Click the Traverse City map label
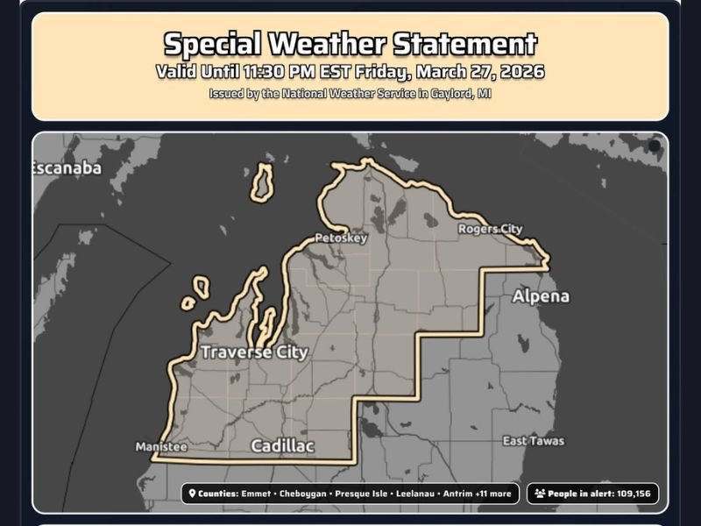point(254,352)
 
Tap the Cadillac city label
point(282,445)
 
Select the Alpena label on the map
point(541,296)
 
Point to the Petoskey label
point(340,238)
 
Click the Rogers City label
point(490,229)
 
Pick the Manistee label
point(161,447)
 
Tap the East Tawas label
point(534,441)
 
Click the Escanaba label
point(67,168)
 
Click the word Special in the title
point(213,44)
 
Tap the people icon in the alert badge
point(539,494)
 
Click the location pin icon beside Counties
point(191,494)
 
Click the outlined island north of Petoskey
point(262,181)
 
